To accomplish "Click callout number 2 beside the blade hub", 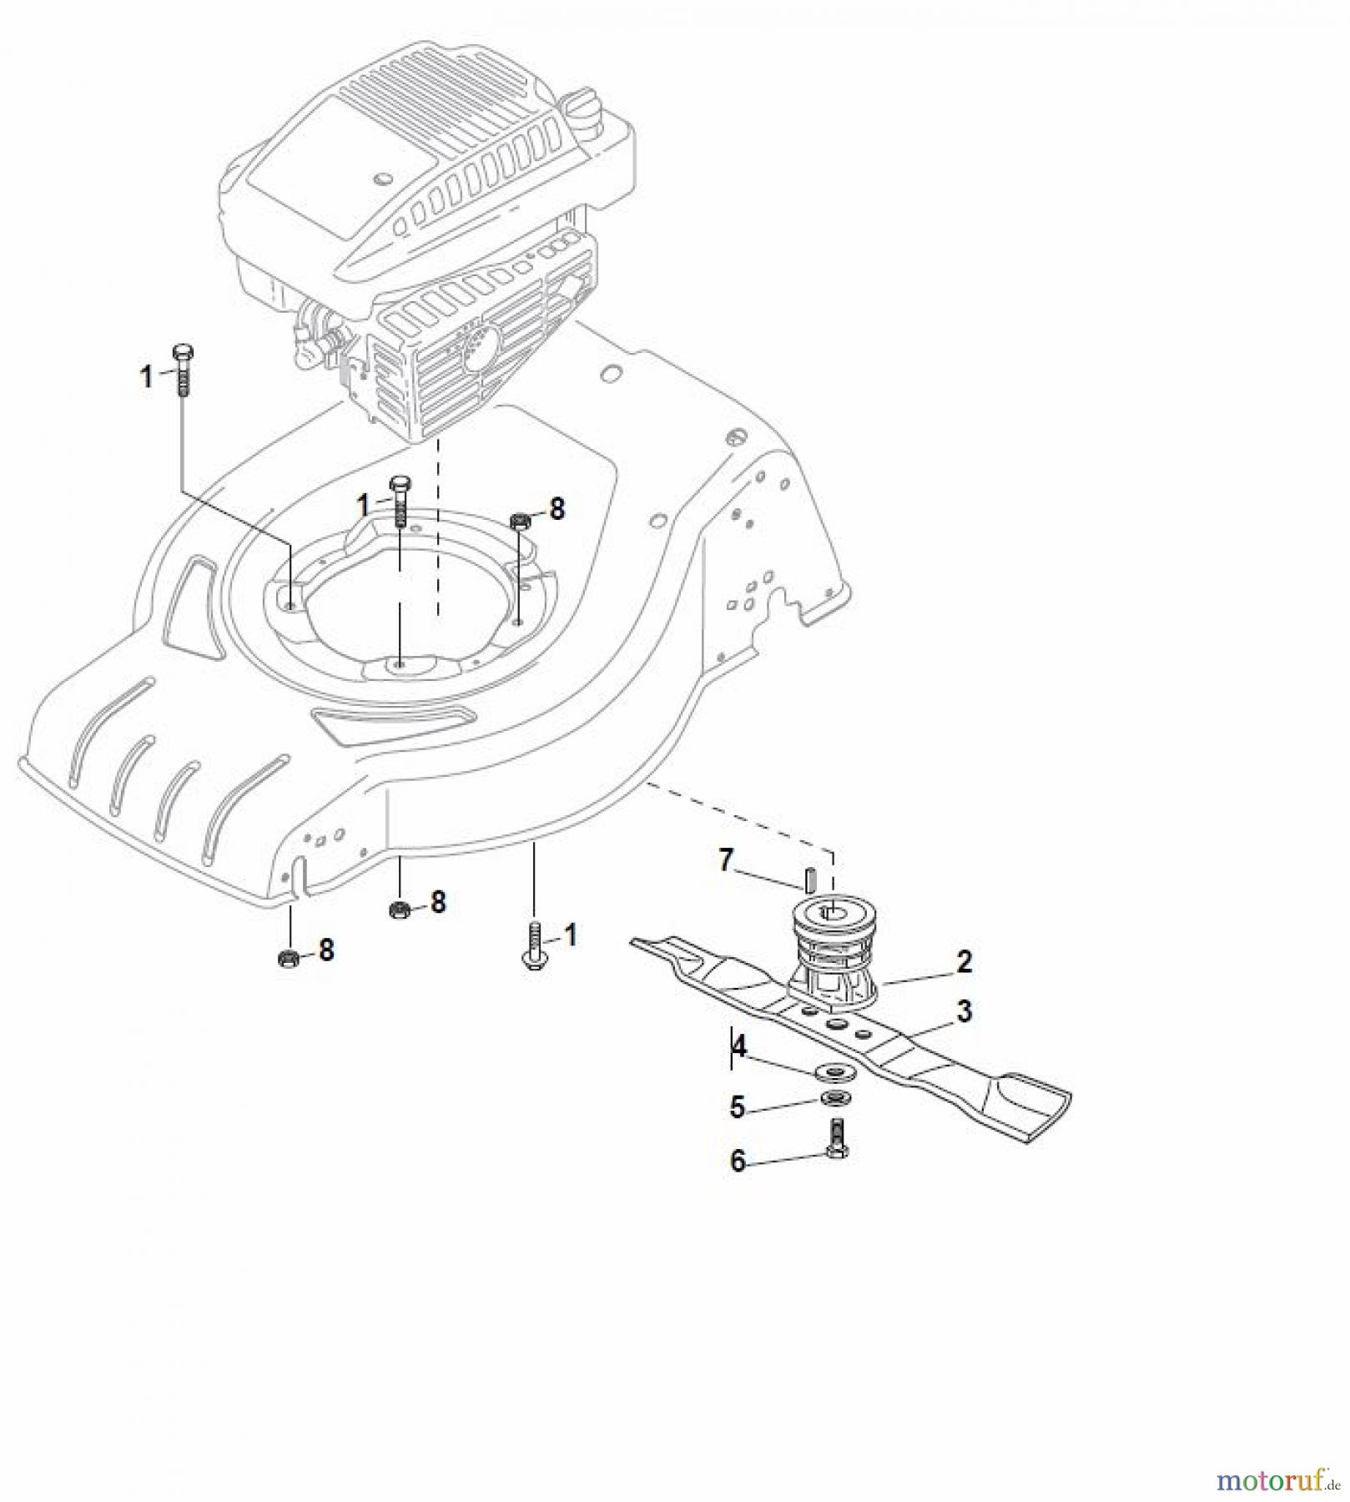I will tap(964, 962).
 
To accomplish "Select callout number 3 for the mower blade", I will tap(964, 1011).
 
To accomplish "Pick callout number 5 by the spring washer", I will tap(737, 1107).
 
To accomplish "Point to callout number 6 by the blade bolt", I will tap(738, 1161).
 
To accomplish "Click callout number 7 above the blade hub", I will tap(726, 859).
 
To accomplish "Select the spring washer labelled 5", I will tap(830, 1098).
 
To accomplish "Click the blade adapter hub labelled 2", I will tap(834, 951).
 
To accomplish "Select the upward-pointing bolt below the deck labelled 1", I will tap(533, 950).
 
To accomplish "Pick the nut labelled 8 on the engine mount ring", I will tap(519, 522).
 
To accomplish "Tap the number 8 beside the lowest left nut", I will tap(326, 950).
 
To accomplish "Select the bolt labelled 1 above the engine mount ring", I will tap(400, 502).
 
